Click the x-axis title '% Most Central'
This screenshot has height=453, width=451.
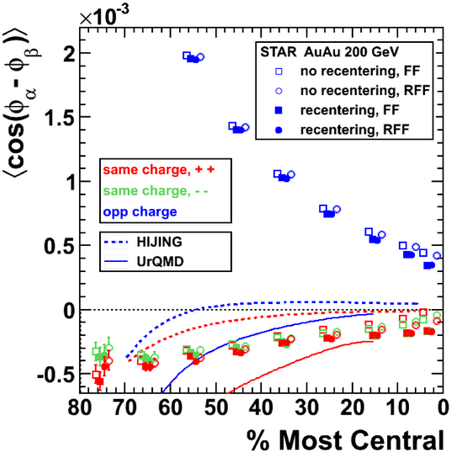point(345,440)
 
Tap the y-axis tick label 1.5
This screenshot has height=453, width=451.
point(60,117)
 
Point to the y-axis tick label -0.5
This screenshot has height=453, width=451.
point(56,375)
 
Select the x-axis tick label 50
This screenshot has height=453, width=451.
point(216,408)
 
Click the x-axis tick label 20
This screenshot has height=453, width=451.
point(351,408)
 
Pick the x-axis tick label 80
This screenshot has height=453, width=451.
point(80,408)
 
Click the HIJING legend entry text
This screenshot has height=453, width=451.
point(159,242)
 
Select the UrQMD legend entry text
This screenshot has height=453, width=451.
point(160,262)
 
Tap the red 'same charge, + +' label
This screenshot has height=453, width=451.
point(159,169)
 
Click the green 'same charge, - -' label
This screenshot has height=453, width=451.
point(156,191)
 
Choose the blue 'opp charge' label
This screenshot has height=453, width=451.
point(140,212)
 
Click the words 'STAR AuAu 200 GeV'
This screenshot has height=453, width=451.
point(330,52)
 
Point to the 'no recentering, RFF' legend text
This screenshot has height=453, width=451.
point(365,90)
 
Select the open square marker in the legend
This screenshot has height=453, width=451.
point(279,72)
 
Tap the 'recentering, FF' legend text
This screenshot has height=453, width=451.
point(350,110)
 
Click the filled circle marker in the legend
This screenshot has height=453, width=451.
point(279,130)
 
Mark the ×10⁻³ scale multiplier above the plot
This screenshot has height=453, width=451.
point(104,16)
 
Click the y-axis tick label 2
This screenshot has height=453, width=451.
point(70,53)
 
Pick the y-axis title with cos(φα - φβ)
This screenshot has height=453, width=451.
point(22,102)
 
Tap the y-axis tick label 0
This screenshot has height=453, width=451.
point(70,312)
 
